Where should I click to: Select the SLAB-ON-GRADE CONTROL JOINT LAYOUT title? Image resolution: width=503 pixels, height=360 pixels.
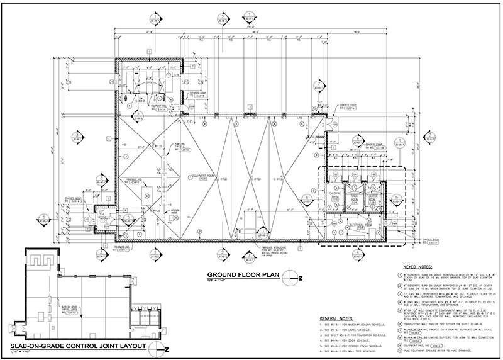tap(79, 347)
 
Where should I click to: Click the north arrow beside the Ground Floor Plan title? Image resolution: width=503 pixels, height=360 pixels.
tap(289, 276)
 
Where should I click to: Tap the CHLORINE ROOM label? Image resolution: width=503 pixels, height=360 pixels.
tap(335, 196)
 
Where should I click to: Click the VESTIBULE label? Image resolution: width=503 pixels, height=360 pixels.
tap(104, 218)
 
